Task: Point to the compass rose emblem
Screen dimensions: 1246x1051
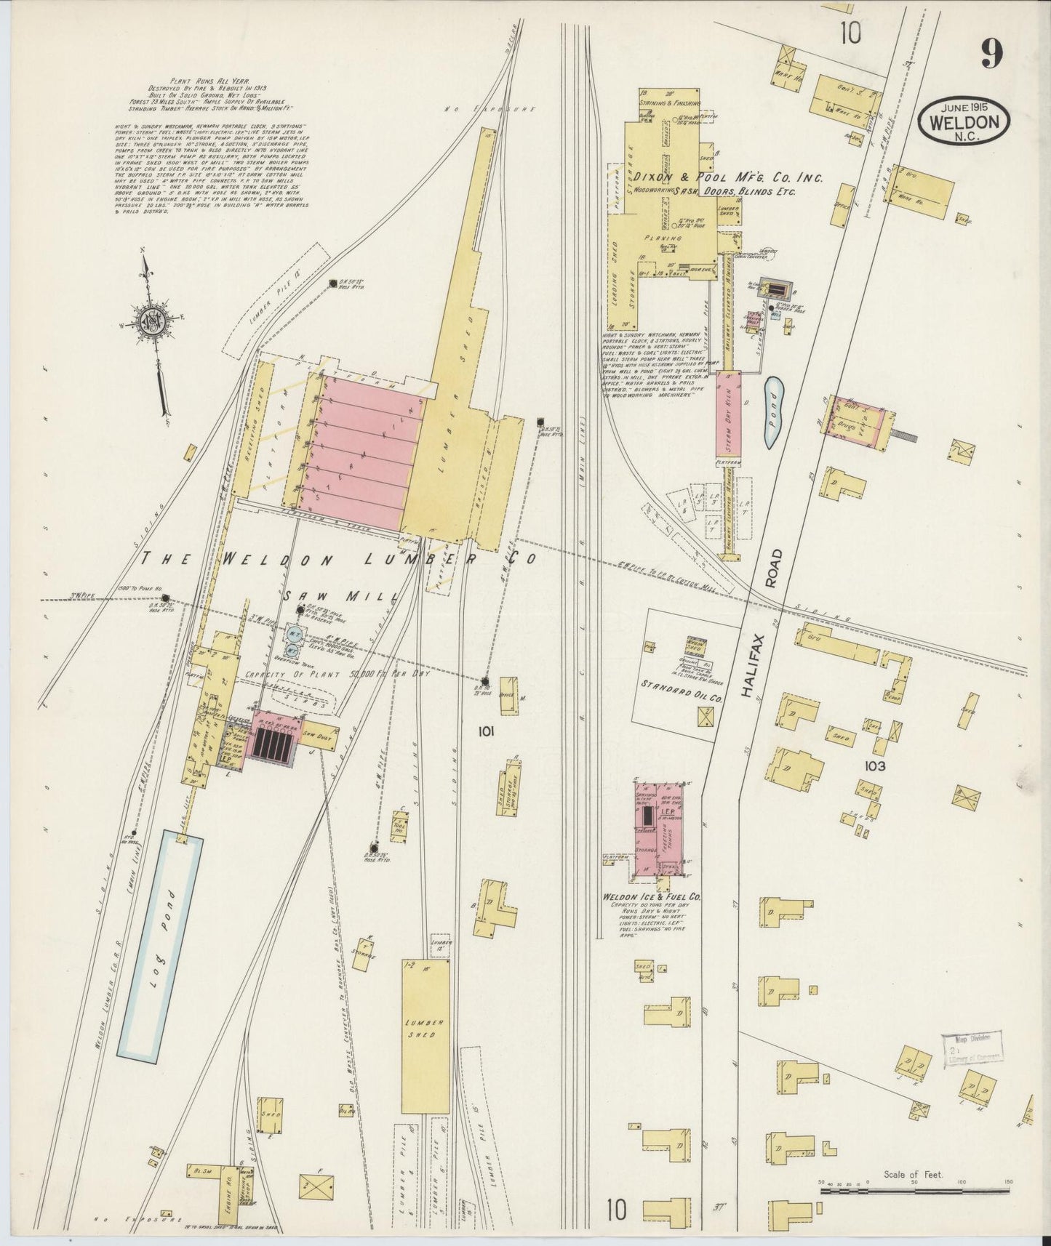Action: click(154, 322)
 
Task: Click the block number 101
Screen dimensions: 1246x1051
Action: click(485, 732)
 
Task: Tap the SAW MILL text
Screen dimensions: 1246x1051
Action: click(340, 596)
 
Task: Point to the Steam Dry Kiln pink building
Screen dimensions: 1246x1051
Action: click(729, 414)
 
